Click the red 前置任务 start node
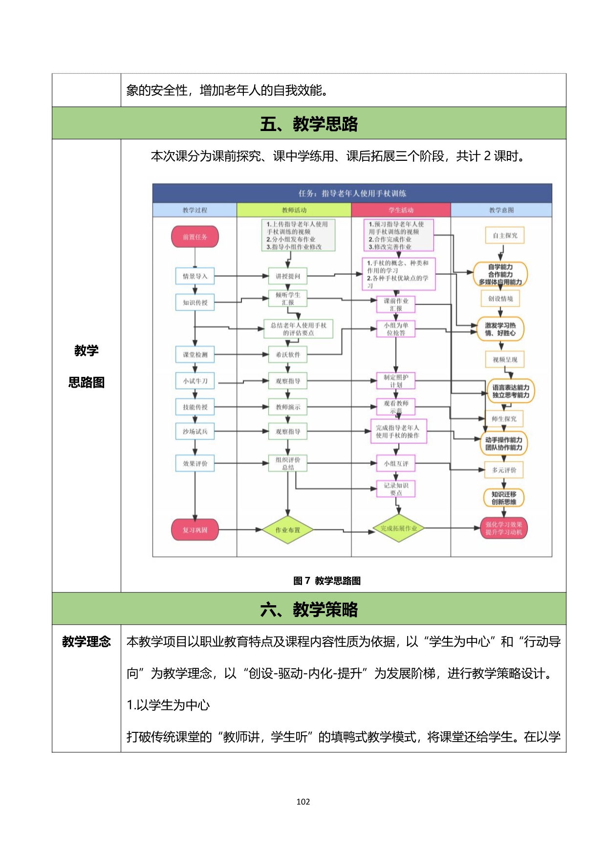click(x=195, y=237)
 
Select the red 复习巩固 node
click(x=195, y=530)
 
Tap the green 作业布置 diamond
click(x=287, y=529)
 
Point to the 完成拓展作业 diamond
click(x=398, y=528)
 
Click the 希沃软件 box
click(x=288, y=354)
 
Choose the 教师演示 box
click(x=288, y=407)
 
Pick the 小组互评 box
click(x=396, y=463)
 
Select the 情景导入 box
click(x=195, y=276)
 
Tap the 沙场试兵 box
click(x=195, y=432)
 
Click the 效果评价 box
click(x=195, y=463)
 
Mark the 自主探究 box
click(x=504, y=235)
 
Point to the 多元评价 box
click(x=504, y=470)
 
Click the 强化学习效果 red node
click(x=503, y=528)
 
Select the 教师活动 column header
click(x=294, y=210)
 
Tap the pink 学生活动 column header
click(x=401, y=210)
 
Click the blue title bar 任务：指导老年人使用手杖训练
click(x=352, y=193)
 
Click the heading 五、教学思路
click(x=309, y=124)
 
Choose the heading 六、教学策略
click(x=309, y=609)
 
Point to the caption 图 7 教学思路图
click(x=327, y=581)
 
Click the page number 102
click(x=303, y=802)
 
